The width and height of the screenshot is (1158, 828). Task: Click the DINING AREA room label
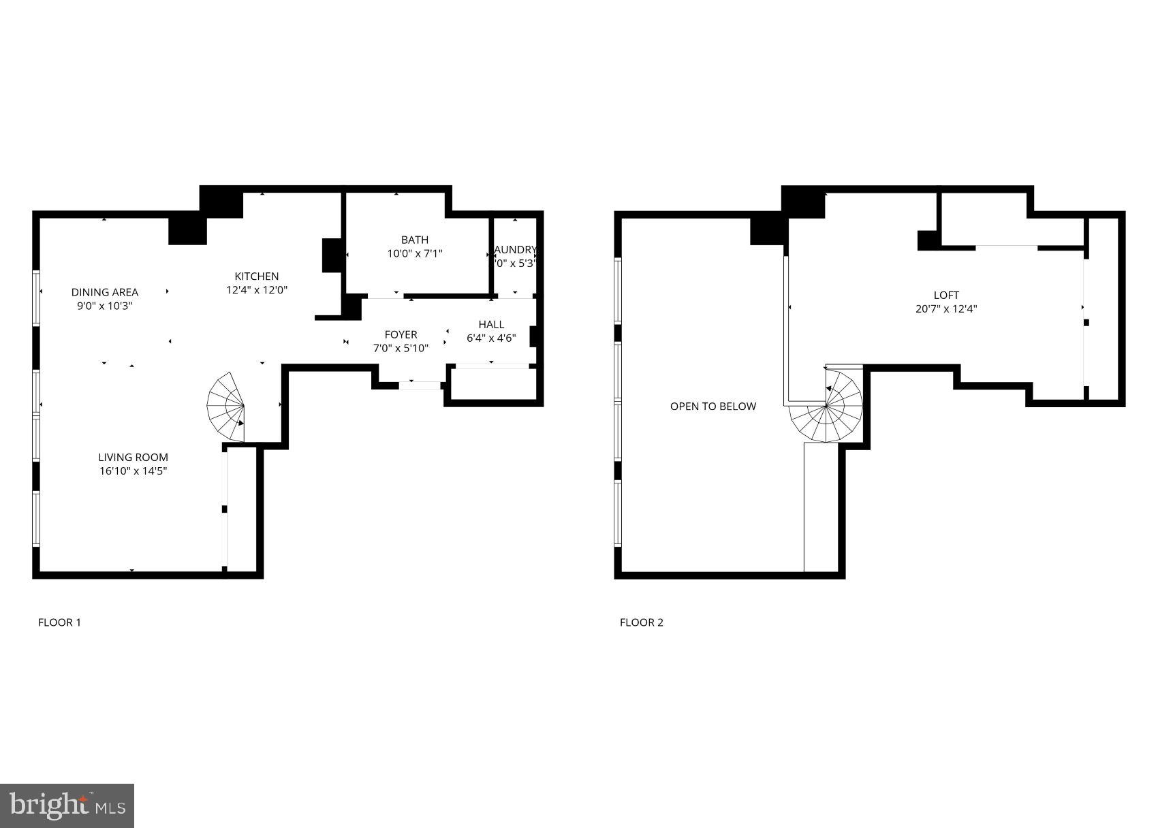coord(104,292)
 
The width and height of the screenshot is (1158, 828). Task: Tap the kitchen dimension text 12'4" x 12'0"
coord(257,289)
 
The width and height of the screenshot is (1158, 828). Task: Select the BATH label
coord(415,240)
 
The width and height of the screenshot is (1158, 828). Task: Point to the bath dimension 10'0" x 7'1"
coord(415,253)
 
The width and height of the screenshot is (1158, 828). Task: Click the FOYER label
coord(401,334)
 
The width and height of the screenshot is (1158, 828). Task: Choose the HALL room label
coord(491,324)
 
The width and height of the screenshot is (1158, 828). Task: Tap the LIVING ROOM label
coord(133,458)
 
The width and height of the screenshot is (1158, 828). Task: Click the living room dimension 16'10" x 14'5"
coord(133,471)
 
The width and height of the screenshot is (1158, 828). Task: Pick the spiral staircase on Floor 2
coord(827,407)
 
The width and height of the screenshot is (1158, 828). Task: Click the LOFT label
coord(946,295)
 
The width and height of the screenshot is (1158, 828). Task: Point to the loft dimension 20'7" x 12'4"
coord(946,308)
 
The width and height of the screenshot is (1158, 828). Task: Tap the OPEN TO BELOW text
coord(713,407)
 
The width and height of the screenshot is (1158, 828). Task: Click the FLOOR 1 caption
coord(59,622)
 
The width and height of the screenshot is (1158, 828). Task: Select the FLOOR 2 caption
coord(641,622)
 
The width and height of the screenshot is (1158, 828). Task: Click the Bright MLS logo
coord(67,806)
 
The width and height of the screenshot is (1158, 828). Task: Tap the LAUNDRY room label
coord(516,250)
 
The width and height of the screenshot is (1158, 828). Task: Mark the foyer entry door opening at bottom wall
coord(420,385)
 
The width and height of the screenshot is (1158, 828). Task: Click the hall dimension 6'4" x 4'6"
coord(491,338)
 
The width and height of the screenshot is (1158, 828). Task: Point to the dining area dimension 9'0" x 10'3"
coord(104,306)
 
